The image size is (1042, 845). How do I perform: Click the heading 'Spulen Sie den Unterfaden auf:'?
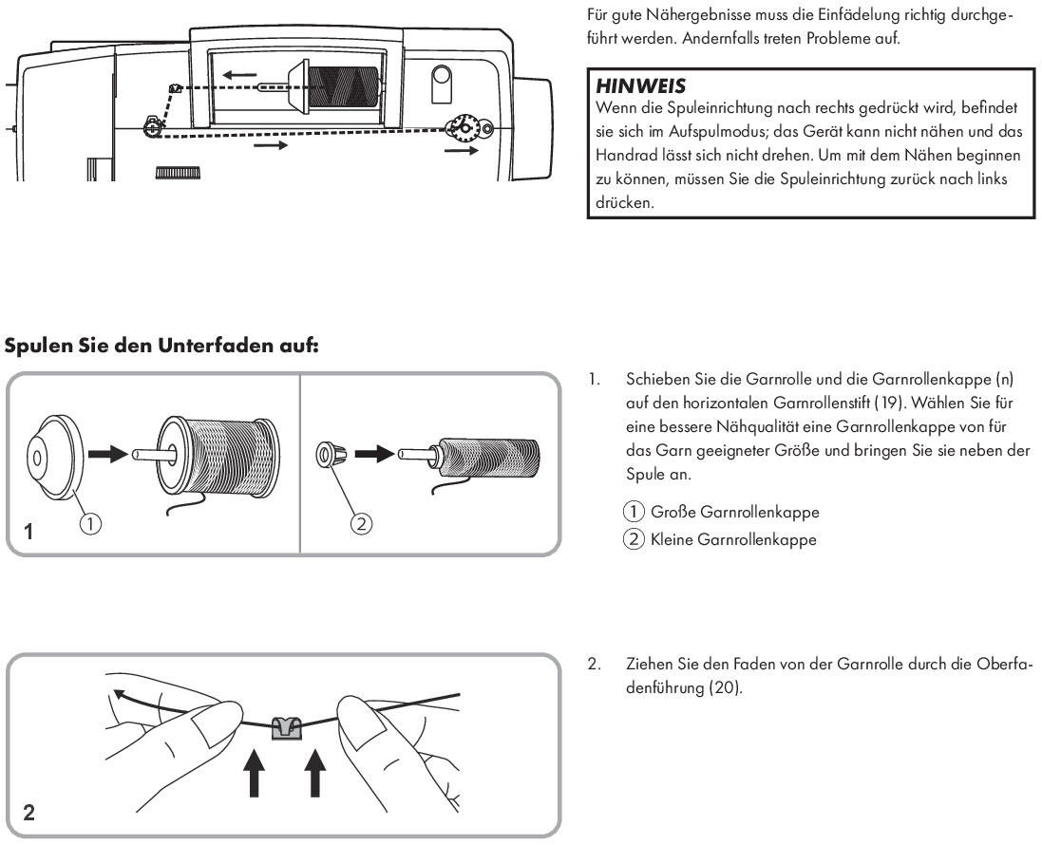click(161, 346)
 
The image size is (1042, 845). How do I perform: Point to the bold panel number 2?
click(29, 813)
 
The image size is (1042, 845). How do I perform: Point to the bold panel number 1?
click(29, 534)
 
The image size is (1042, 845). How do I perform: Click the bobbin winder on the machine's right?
click(464, 126)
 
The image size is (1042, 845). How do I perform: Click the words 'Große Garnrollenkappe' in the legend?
click(734, 512)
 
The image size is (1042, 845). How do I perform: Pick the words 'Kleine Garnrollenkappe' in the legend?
click(732, 540)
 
